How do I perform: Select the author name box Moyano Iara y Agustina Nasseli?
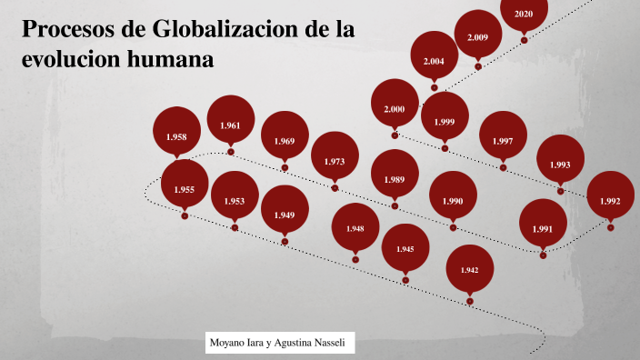click(x=279, y=343)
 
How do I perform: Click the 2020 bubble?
click(x=524, y=14)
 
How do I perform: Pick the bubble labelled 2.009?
click(x=478, y=37)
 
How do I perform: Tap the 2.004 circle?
click(x=435, y=61)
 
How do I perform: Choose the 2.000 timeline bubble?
click(x=395, y=109)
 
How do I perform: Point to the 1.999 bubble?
click(x=445, y=122)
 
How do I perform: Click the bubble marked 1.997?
click(x=503, y=141)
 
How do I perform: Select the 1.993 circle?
click(x=560, y=165)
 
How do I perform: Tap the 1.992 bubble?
click(x=610, y=201)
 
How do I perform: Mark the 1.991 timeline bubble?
click(x=543, y=228)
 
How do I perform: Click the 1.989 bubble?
click(x=395, y=179)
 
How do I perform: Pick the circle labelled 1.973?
click(x=335, y=162)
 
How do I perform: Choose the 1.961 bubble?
click(x=230, y=125)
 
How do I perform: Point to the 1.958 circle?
click(x=176, y=136)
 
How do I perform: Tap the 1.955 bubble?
click(x=185, y=189)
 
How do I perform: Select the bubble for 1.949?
click(x=285, y=215)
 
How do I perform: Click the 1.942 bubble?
click(x=469, y=270)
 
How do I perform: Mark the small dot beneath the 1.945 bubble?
click(x=405, y=279)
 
